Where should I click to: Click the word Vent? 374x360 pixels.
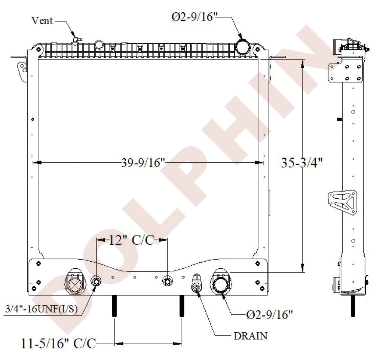42,21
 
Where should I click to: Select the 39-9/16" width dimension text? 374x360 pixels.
143,163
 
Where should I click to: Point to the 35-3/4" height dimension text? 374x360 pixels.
302,163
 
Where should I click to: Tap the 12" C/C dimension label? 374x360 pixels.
132,240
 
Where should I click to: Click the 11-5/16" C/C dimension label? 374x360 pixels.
58,344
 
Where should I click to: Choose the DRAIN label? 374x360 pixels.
251,336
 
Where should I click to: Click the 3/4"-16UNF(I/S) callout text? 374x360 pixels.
41,309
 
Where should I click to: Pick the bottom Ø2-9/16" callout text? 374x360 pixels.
269,315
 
